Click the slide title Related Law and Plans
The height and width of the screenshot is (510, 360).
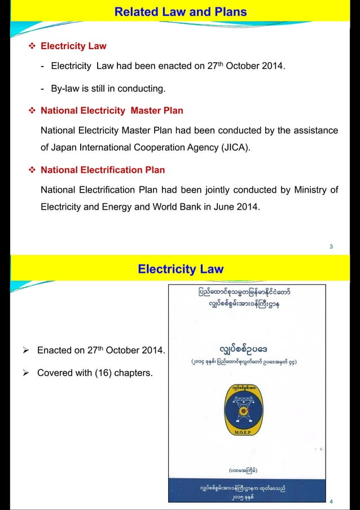click(x=180, y=11)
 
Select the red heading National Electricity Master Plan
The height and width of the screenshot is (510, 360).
click(x=112, y=111)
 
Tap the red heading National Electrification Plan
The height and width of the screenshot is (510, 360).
click(x=103, y=170)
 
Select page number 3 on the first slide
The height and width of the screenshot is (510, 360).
click(x=331, y=246)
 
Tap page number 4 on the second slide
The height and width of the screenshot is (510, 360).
click(x=331, y=500)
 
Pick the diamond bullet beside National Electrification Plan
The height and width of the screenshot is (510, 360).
click(x=32, y=170)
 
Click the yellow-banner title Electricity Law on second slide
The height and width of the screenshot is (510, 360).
click(x=180, y=269)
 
